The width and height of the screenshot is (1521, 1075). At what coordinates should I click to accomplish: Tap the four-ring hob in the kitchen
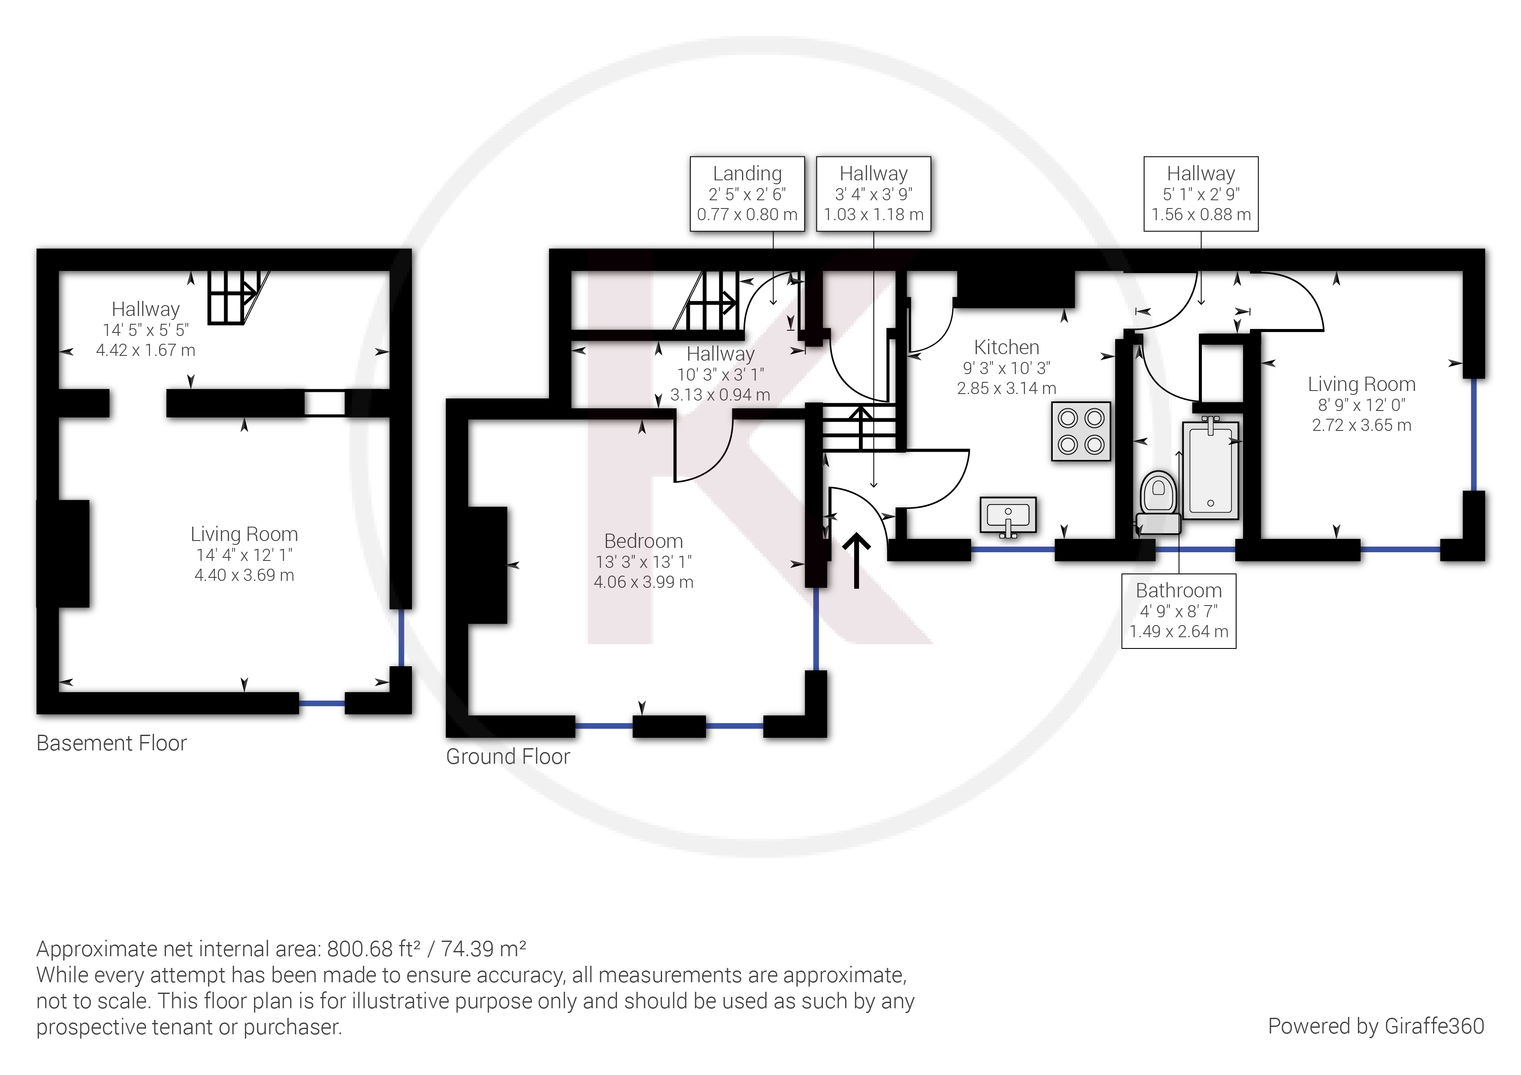[1080, 431]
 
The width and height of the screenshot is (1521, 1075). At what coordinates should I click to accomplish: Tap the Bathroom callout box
[1178, 611]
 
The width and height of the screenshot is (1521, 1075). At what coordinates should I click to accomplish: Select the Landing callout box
[747, 193]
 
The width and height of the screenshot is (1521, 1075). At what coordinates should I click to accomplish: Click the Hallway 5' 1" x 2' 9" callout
[1201, 193]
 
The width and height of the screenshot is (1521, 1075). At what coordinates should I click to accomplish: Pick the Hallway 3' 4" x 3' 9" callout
[873, 193]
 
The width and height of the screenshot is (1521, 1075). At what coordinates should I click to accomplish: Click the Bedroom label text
[643, 541]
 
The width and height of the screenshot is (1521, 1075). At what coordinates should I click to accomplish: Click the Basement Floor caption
[111, 743]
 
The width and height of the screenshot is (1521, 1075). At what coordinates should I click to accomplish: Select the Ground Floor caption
[507, 756]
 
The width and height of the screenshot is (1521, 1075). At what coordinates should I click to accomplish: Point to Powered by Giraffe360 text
[1375, 1026]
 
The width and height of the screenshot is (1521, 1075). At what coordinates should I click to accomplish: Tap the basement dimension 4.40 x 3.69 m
[244, 575]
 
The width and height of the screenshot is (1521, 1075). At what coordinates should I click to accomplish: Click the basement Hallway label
[145, 309]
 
